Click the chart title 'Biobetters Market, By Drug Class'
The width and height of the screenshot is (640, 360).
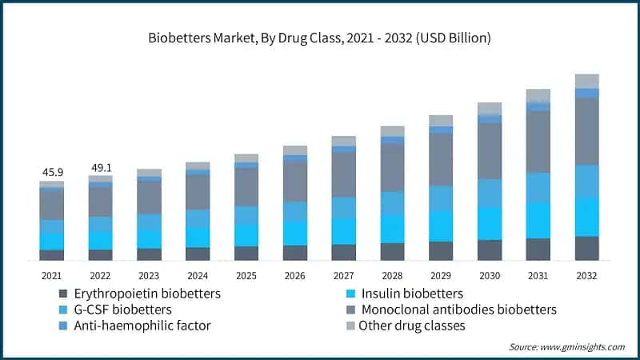pos(319,38)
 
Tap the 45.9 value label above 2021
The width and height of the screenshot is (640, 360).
pos(52,172)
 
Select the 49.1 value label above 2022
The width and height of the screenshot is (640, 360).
pos(100,168)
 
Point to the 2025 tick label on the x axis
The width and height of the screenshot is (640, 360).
pos(246,275)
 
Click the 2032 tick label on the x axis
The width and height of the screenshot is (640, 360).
pos(586,275)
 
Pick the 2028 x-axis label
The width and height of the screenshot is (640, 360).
pos(392,275)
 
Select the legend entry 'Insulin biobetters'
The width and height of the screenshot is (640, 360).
pos(411,294)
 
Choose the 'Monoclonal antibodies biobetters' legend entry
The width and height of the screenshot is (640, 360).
pos(458,310)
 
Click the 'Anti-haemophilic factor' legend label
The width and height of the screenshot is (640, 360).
pos(140,326)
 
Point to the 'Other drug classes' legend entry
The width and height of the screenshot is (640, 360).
pos(411,326)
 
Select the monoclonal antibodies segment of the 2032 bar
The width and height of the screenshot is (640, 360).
pos(586,131)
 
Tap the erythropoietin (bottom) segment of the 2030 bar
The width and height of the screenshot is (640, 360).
pos(490,250)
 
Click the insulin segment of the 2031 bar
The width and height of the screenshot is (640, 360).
pos(538,220)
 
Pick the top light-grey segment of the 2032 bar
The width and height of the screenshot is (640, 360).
pos(586,81)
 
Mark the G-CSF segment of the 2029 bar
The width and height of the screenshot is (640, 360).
pos(441,198)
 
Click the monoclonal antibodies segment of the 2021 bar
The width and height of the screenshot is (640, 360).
pos(52,206)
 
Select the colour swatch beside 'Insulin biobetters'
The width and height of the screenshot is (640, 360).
pos(350,294)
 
